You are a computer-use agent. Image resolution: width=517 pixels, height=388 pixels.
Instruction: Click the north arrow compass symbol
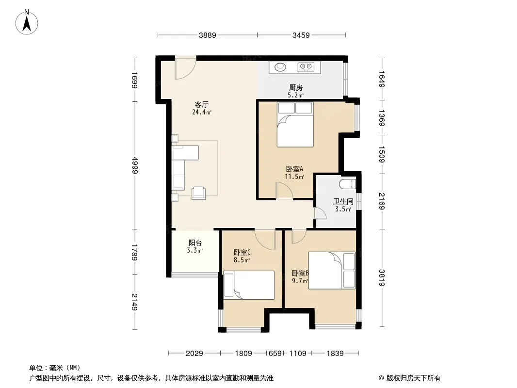click(27, 22)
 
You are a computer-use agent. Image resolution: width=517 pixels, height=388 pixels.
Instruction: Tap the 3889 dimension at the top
click(208, 35)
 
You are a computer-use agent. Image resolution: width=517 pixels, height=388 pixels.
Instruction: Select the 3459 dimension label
click(301, 35)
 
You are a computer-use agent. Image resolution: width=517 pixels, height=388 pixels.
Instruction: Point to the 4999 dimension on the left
click(135, 165)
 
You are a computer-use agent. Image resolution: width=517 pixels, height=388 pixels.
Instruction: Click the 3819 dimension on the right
click(382, 278)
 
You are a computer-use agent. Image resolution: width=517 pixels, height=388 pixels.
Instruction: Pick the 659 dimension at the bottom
click(275, 354)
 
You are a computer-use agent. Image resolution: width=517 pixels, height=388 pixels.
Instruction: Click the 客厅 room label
click(201, 104)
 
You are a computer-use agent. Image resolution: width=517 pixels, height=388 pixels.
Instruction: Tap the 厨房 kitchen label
click(296, 88)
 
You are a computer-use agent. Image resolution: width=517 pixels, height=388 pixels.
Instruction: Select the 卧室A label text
click(294, 169)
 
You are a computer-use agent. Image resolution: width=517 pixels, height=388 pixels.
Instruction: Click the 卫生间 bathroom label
click(343, 201)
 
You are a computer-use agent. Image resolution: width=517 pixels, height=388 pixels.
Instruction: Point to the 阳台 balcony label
click(195, 243)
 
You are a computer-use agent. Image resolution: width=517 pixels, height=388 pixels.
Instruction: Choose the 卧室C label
click(242, 253)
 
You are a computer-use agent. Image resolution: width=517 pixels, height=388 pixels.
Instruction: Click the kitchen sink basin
click(281, 67)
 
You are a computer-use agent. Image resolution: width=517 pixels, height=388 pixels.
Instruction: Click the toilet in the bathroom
click(348, 184)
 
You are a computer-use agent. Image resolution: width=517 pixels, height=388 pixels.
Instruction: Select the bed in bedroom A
click(295, 124)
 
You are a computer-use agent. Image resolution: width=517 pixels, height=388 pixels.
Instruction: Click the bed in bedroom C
click(249, 285)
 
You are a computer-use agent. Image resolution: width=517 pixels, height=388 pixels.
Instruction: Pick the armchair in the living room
click(199, 193)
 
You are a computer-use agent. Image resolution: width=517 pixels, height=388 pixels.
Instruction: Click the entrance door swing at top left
click(185, 68)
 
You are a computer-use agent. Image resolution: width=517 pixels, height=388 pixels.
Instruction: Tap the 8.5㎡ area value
click(242, 260)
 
